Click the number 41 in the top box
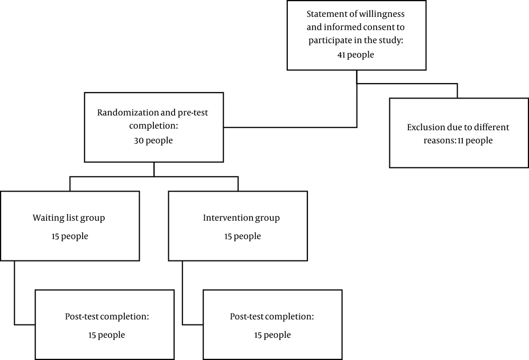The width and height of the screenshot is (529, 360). point(341,55)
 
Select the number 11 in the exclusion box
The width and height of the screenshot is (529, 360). point(461,140)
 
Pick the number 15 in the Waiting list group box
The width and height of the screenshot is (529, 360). point(56,237)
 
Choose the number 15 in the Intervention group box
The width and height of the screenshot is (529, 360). point(229,237)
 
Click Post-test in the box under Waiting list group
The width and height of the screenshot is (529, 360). point(81,317)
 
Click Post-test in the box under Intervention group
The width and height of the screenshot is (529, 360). point(247,317)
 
